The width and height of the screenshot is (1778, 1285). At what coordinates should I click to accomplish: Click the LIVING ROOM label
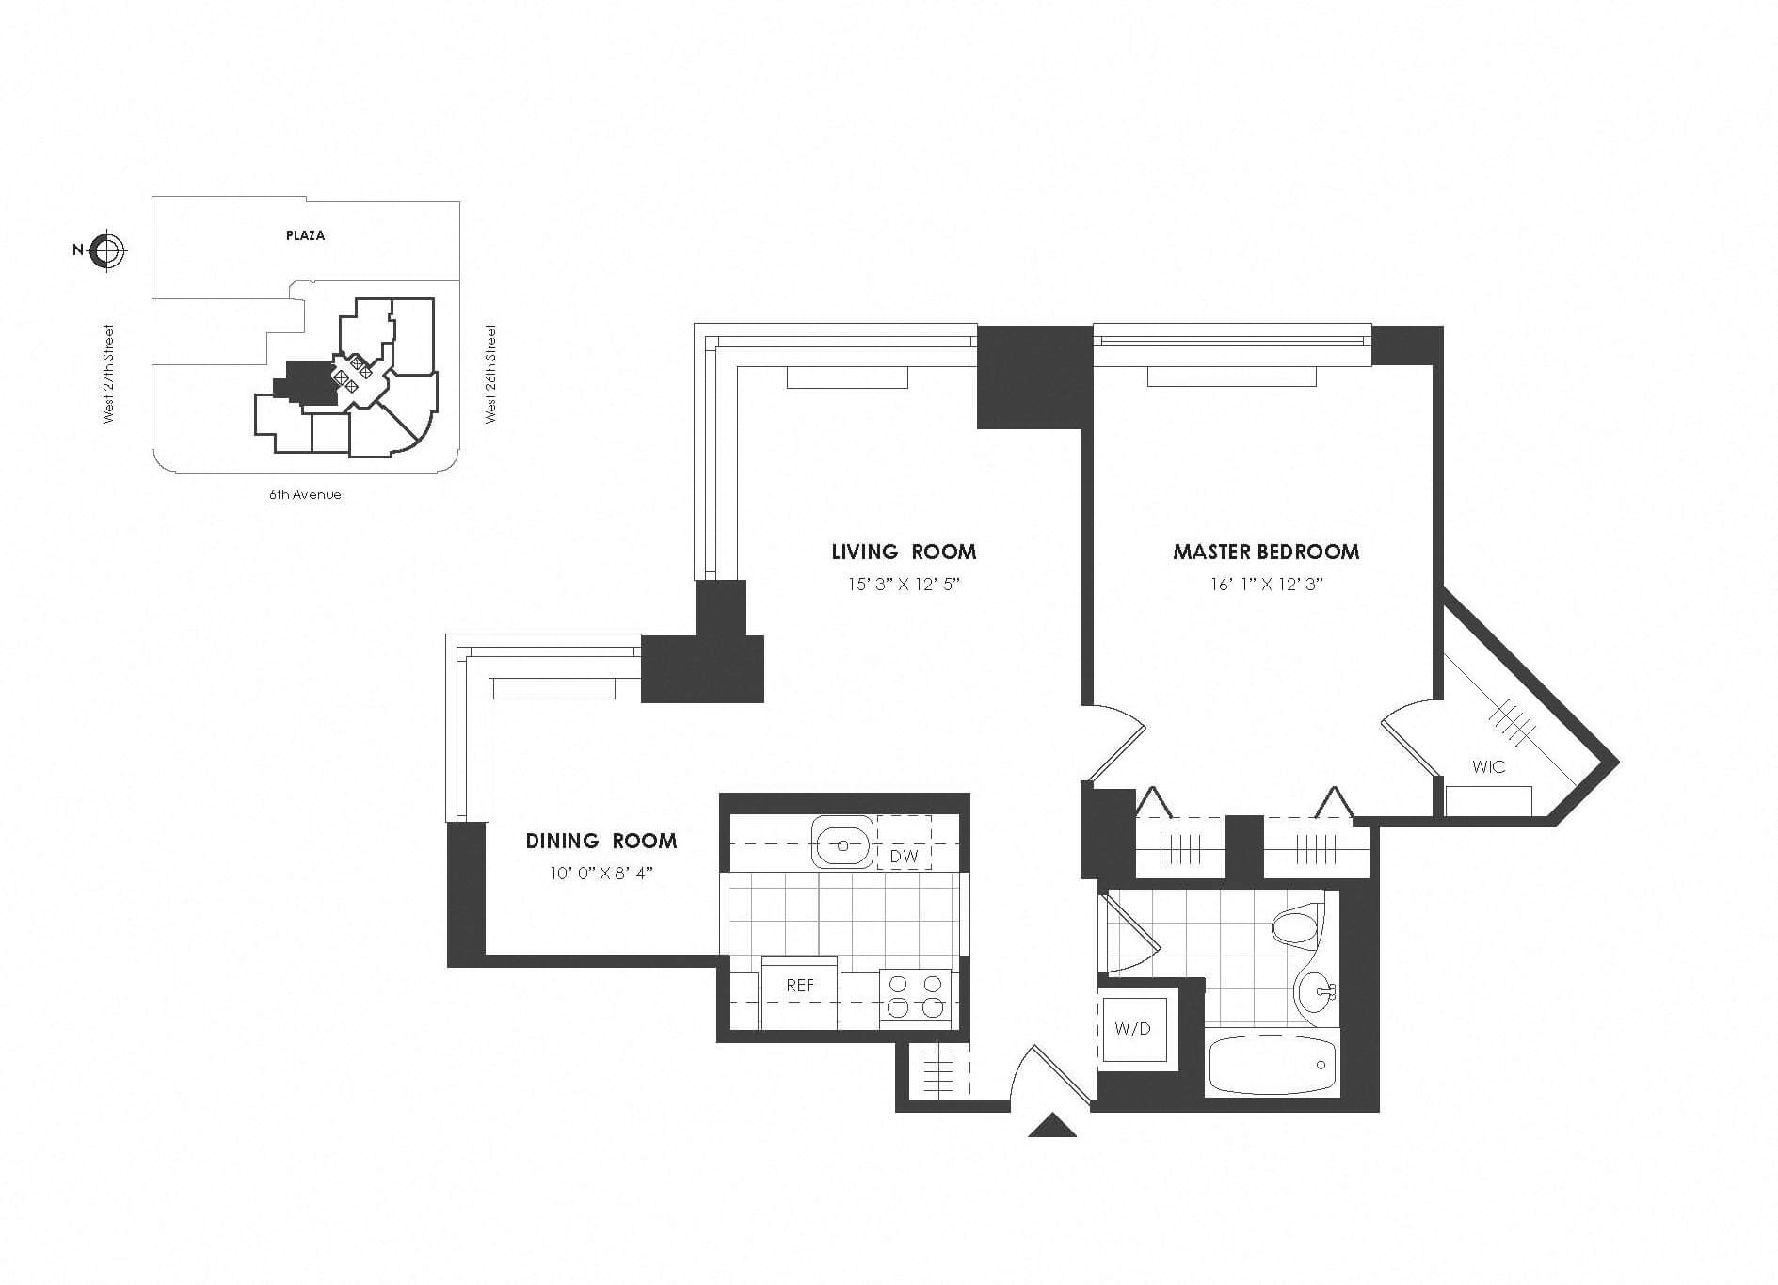[x=904, y=552]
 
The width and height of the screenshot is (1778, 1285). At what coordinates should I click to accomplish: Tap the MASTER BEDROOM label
[x=1266, y=552]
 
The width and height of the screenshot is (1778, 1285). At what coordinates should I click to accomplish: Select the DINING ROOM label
[x=601, y=841]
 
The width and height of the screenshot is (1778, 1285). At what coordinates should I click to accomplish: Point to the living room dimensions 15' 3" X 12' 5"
[x=904, y=585]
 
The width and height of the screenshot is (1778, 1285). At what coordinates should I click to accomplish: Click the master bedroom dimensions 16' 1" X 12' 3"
[x=1267, y=585]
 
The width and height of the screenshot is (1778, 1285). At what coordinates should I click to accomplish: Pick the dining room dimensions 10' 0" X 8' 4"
[x=601, y=873]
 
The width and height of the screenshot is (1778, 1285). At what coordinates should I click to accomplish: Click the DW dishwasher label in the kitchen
[x=904, y=857]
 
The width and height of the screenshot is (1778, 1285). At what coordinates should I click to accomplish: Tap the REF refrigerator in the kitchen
[x=800, y=985]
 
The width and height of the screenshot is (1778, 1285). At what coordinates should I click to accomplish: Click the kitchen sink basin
[x=842, y=842]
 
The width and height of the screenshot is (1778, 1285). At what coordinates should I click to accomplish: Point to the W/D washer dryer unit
[x=1133, y=1028]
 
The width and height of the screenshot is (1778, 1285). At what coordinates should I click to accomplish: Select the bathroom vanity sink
[x=1315, y=991]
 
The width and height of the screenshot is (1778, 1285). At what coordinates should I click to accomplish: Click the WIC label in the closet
[x=1488, y=767]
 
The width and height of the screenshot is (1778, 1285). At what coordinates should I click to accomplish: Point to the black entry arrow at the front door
[x=1052, y=1126]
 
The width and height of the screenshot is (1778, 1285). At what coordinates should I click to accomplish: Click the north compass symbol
[x=107, y=250]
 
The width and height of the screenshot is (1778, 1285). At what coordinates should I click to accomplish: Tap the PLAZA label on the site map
[x=306, y=235]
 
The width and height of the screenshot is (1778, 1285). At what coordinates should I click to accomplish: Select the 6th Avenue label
[x=305, y=494]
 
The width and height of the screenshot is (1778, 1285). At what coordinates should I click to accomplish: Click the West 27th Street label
[x=108, y=374]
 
